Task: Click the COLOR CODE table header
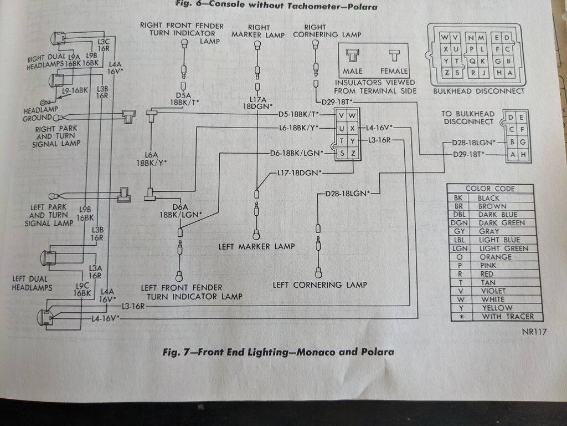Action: coord(489,189)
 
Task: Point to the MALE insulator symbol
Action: coord(352,56)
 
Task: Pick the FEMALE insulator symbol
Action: coord(394,56)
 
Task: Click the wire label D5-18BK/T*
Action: coord(299,115)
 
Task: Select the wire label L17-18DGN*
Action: coord(300,173)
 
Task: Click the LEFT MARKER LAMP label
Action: coord(256,246)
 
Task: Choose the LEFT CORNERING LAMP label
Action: coord(319,285)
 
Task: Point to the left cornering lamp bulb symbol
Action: coord(318,272)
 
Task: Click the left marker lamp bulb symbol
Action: coord(256,234)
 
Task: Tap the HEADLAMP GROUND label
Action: coord(40,114)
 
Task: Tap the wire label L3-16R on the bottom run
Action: coord(133,306)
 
